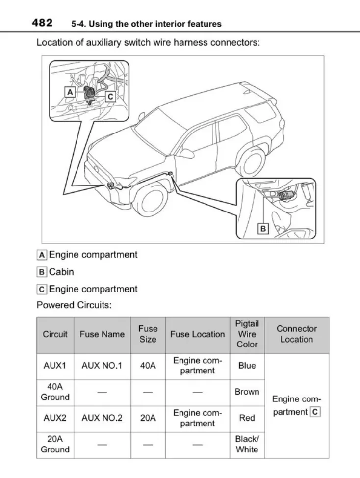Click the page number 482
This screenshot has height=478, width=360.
click(43, 23)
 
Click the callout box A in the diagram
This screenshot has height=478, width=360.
click(70, 92)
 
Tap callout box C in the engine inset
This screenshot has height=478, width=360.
click(110, 97)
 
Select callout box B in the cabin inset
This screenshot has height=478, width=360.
click(263, 229)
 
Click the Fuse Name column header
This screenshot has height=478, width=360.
click(102, 334)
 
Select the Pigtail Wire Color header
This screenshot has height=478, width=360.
click(247, 334)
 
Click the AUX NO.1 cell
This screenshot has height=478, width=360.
click(102, 366)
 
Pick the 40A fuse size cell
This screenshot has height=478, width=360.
click(148, 366)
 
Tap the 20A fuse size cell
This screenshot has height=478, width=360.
click(148, 418)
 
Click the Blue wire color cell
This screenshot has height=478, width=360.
click(247, 366)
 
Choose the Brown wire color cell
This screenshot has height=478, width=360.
click(247, 392)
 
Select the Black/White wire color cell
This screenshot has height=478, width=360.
click(247, 444)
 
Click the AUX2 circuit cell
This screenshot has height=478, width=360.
click(55, 418)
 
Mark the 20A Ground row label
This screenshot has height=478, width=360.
click(55, 444)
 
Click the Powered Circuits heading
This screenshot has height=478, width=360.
click(74, 305)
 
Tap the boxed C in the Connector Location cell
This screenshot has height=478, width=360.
click(315, 412)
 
